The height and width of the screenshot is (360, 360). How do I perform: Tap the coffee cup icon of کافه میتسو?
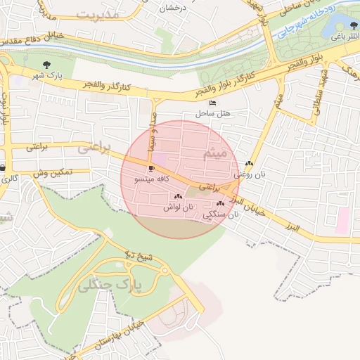pyautogui.click(x=151, y=169)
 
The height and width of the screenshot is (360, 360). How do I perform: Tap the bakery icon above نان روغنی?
pyautogui.click(x=249, y=164)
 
